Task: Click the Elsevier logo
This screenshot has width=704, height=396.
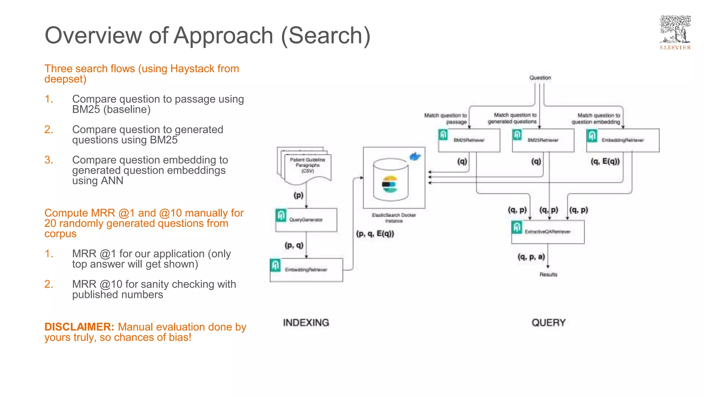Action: pos(675,33)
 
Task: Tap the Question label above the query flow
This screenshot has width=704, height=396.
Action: pos(540,78)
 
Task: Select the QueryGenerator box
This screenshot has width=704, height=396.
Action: pos(306,220)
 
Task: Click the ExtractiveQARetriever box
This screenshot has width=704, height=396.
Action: pos(548,232)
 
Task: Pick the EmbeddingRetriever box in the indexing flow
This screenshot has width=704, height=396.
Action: pos(306,270)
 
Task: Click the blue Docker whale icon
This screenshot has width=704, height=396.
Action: pos(415,157)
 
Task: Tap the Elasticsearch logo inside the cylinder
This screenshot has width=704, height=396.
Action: pos(390,184)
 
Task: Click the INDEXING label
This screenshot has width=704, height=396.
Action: pos(306,322)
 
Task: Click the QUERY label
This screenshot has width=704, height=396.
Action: pos(548,322)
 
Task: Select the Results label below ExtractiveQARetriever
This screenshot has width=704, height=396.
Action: pos(548,274)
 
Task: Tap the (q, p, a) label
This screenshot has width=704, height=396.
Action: pos(531,257)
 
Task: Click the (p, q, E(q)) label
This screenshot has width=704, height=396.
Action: pos(375,234)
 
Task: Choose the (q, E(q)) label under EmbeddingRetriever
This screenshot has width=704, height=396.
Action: pos(605,162)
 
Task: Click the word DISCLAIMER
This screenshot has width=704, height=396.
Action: pos(79,327)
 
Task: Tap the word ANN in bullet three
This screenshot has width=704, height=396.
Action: pos(112,180)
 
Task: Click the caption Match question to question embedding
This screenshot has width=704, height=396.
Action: pos(596,119)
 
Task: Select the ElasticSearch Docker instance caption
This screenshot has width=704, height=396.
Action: pos(394,218)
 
